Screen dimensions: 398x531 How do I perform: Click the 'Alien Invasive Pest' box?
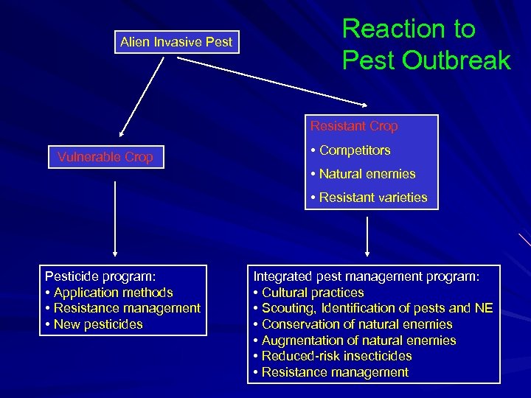(x=176, y=42)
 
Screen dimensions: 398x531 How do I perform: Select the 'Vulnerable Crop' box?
(x=105, y=157)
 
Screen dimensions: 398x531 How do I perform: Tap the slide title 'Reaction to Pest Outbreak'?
(x=426, y=44)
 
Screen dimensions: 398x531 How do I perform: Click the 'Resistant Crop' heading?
(x=354, y=126)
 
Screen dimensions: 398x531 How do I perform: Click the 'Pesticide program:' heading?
(x=100, y=276)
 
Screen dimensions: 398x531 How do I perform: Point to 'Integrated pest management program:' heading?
(x=367, y=276)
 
